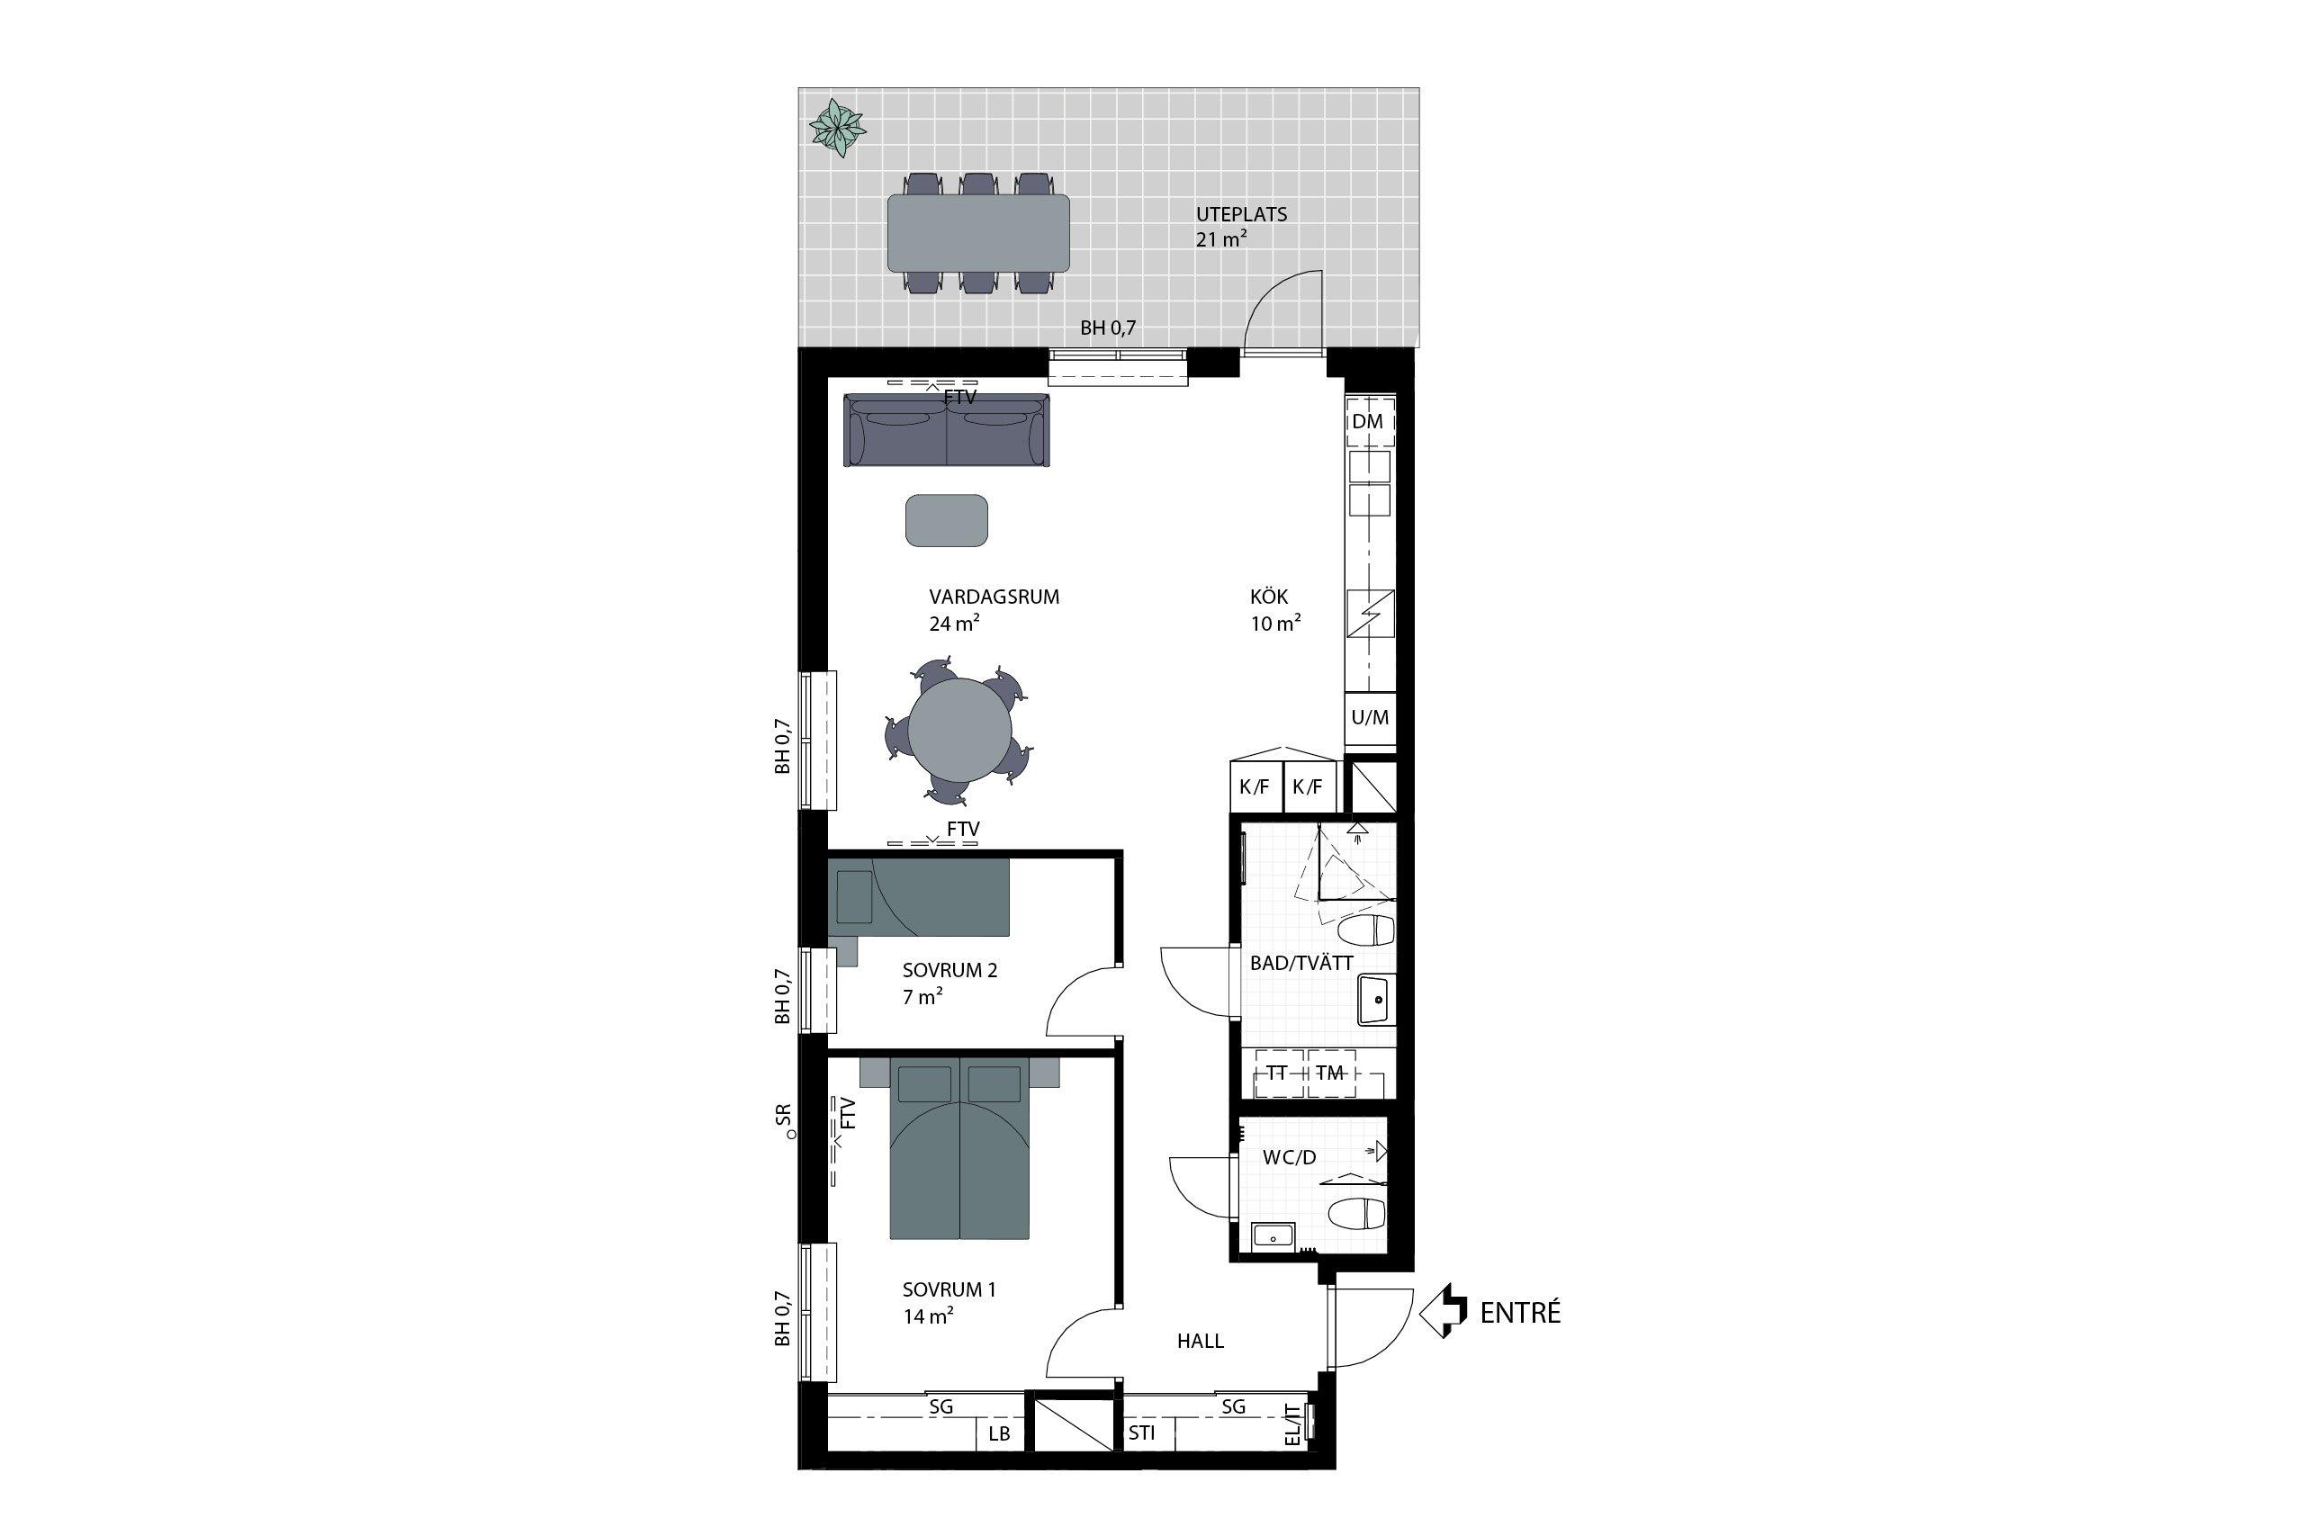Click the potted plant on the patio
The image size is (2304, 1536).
(837, 129)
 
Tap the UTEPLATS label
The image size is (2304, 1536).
(1241, 213)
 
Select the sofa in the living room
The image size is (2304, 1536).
(946, 429)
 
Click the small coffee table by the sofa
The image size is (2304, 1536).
(946, 520)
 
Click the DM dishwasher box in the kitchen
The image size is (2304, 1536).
(1369, 421)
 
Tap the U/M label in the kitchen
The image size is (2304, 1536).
(1370, 717)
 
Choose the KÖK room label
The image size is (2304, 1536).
(1270, 597)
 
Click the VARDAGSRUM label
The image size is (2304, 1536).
(994, 597)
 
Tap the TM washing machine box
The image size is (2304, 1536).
(1329, 1073)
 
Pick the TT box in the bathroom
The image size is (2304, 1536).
(1276, 1073)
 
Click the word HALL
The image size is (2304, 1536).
(1200, 1341)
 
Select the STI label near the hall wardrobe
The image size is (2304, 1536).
(1141, 1433)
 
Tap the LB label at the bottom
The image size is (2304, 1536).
(999, 1433)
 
